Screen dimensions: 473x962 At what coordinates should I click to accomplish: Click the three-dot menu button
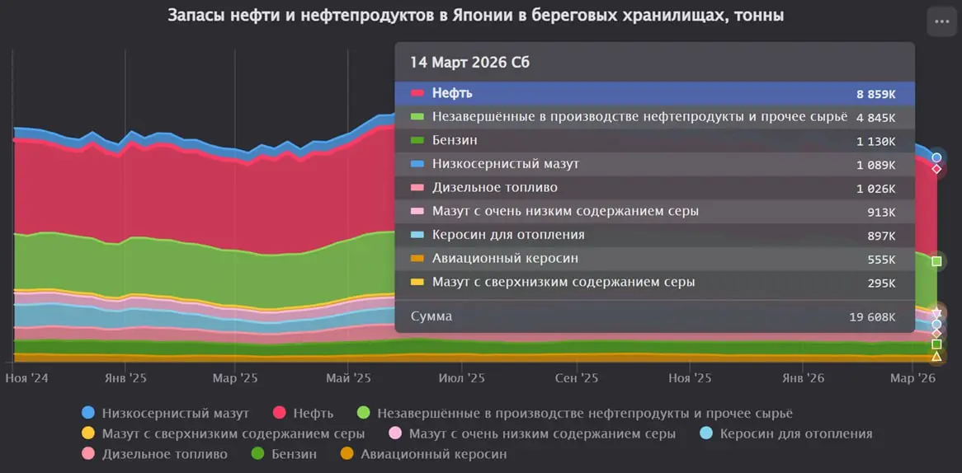pos(941,21)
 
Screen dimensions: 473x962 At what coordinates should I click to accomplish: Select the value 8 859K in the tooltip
pos(876,94)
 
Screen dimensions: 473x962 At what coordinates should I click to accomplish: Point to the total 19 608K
pos(872,317)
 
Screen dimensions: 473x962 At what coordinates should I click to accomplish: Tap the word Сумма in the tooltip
pos(431,316)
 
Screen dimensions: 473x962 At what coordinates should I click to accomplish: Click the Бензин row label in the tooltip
pos(455,141)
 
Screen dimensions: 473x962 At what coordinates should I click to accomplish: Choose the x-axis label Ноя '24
pos(27,378)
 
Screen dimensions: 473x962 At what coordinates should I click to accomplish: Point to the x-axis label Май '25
pos(349,378)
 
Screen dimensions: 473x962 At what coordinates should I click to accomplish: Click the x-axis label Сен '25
pos(576,378)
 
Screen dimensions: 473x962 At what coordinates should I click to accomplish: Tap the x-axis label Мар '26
pos(914,378)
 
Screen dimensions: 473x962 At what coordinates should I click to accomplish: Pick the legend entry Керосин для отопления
pos(795,433)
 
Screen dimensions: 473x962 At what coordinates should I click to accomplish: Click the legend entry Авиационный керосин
pos(433,454)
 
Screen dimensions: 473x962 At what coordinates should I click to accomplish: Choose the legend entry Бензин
pos(294,454)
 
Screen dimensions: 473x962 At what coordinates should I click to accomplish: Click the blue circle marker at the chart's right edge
pos(936,157)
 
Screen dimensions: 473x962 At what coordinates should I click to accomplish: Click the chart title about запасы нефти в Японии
pos(476,16)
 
